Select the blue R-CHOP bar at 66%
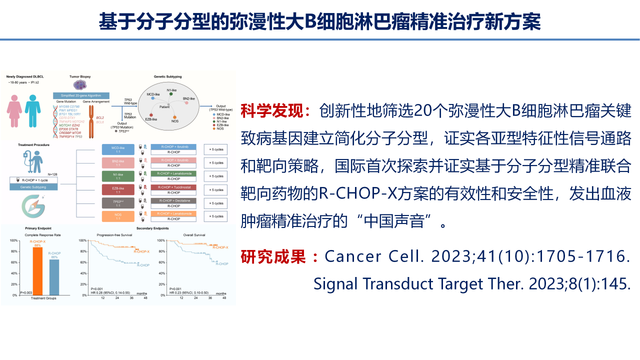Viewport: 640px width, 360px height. tap(54, 277)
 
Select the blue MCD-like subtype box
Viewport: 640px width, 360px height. tap(118, 149)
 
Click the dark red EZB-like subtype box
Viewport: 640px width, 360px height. tap(118, 189)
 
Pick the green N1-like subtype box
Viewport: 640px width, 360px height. tap(118, 176)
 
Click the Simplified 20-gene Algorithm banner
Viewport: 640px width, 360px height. tap(80, 94)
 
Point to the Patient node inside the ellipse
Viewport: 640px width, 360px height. tap(165, 106)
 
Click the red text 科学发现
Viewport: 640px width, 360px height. tap(275, 110)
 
